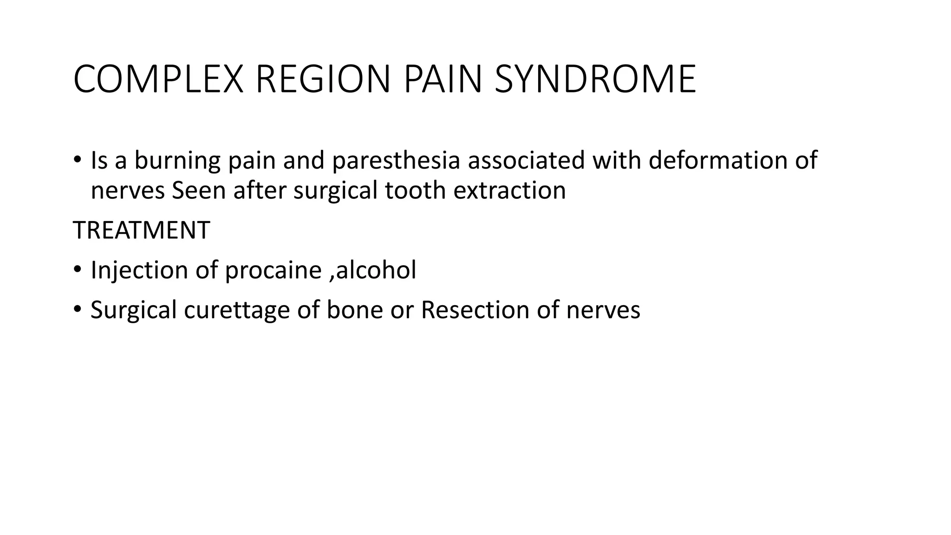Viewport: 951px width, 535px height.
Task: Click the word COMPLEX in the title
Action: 158,80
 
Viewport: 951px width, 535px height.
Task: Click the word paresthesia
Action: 396,161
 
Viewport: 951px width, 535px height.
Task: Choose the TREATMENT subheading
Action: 142,230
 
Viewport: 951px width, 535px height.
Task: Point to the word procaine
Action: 273,270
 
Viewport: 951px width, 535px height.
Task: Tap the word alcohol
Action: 376,270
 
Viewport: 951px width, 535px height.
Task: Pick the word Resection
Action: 475,310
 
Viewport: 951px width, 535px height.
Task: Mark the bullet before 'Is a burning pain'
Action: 77,160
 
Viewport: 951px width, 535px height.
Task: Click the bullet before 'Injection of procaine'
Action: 77,269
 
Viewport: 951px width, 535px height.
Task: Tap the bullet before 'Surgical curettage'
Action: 77,309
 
